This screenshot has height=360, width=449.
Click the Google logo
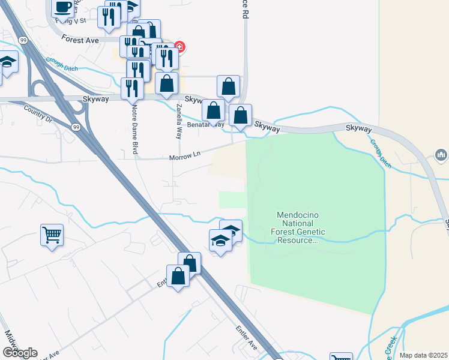pos(19,353)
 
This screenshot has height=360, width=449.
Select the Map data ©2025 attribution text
pos(424,355)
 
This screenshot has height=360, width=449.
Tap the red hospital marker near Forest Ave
pos(179,47)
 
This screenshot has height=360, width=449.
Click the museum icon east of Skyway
pos(441,155)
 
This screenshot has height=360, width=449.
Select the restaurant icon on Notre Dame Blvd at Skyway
pos(132,88)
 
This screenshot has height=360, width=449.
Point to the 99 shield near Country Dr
pos(75,127)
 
